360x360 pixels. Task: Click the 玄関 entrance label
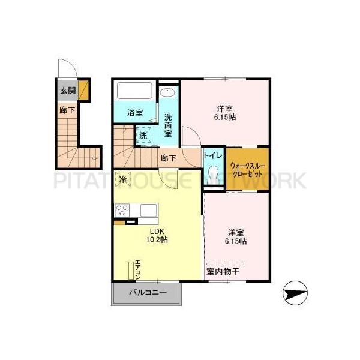67,91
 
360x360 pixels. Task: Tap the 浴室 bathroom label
135,112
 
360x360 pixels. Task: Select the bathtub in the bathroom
135,92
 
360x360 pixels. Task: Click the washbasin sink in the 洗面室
168,93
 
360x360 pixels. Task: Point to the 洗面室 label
168,124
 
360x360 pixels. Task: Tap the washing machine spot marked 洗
143,136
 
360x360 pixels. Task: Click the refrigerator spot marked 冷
123,178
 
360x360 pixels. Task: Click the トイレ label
213,156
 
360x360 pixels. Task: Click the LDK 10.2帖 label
157,235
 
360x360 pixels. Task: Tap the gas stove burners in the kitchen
122,211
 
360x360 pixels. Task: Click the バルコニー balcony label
146,294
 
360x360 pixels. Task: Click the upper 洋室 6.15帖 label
226,113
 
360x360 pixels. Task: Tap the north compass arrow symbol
295,294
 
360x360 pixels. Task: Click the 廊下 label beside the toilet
168,158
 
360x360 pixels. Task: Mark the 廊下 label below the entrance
67,110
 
